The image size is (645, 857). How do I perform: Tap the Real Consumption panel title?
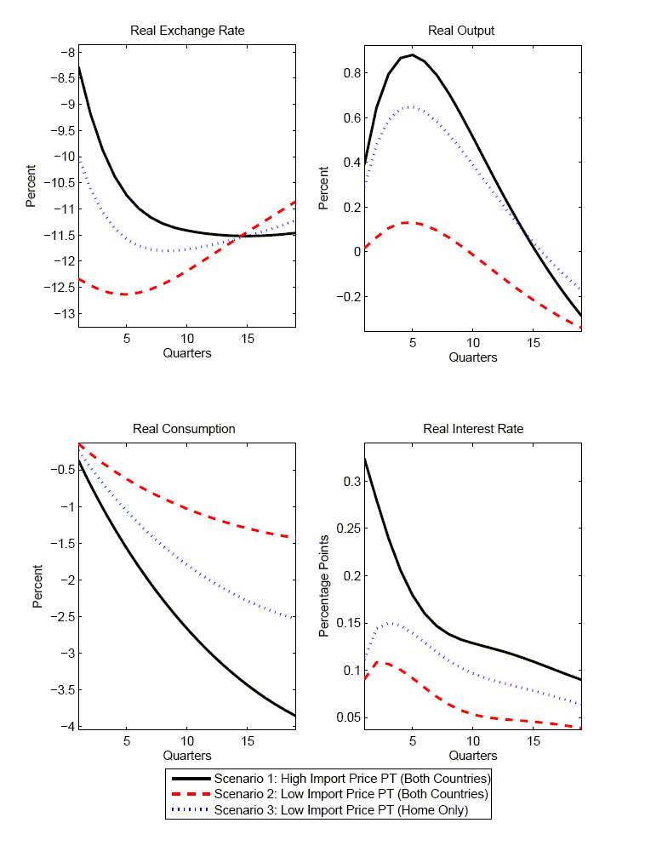click(x=184, y=429)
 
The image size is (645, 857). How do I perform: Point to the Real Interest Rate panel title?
click(x=473, y=429)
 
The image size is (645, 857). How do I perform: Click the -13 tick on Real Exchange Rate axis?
click(x=62, y=314)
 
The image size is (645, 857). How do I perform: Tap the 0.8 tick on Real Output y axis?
click(x=349, y=73)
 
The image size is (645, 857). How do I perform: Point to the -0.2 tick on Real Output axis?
click(x=345, y=296)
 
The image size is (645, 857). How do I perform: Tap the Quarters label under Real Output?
click(x=473, y=357)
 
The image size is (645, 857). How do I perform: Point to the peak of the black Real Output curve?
click(x=412, y=54)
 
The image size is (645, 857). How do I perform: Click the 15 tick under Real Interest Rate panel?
click(x=534, y=741)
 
